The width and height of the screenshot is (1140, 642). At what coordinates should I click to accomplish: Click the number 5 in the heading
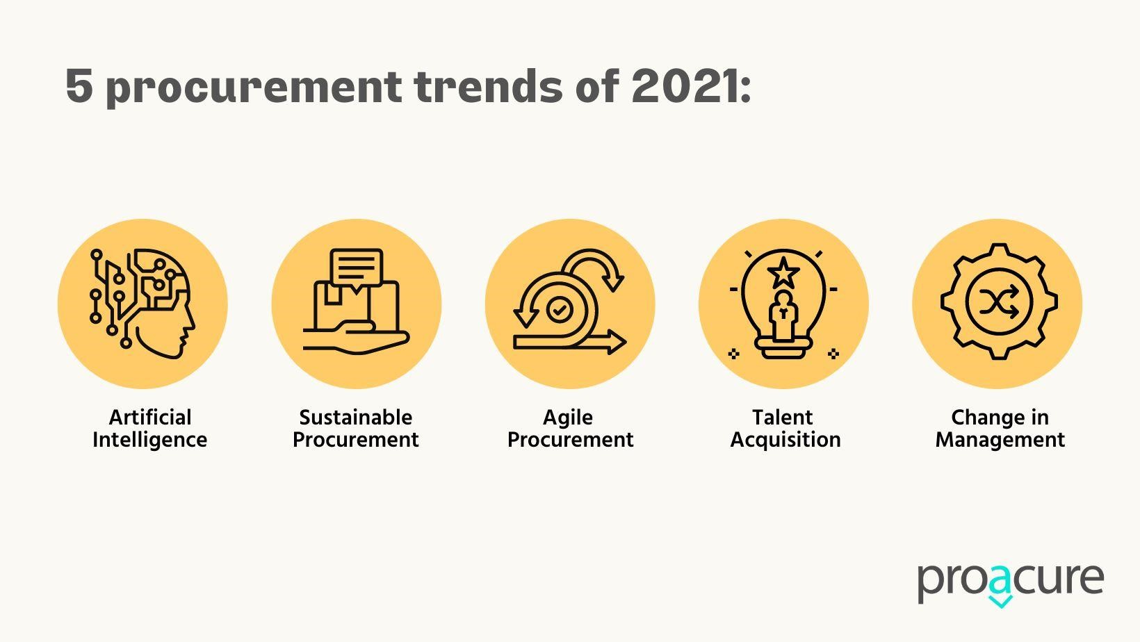pyautogui.click(x=79, y=86)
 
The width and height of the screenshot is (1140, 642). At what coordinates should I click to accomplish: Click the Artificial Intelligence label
pyautogui.click(x=149, y=428)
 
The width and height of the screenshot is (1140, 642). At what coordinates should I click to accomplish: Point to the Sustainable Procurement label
pyautogui.click(x=356, y=428)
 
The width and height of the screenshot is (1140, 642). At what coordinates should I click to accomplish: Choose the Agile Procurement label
pyautogui.click(x=570, y=428)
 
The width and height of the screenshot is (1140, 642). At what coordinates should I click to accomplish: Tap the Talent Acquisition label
pyautogui.click(x=785, y=428)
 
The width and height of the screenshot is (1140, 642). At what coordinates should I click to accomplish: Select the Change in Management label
pyautogui.click(x=1000, y=428)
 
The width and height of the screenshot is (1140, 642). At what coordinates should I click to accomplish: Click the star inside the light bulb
pyautogui.click(x=783, y=273)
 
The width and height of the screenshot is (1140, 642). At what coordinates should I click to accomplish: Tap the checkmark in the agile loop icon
pyautogui.click(x=560, y=309)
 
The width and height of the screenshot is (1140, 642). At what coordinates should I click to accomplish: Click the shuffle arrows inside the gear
pyautogui.click(x=999, y=302)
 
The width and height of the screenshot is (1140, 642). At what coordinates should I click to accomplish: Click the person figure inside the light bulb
pyautogui.click(x=784, y=315)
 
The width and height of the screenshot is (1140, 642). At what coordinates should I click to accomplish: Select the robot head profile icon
pyautogui.click(x=142, y=303)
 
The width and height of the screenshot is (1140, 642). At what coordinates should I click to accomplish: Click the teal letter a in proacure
pyautogui.click(x=1000, y=586)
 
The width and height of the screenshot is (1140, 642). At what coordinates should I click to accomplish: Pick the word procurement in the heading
pyautogui.click(x=254, y=87)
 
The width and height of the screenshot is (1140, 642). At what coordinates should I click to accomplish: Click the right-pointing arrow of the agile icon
pyautogui.click(x=570, y=341)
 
